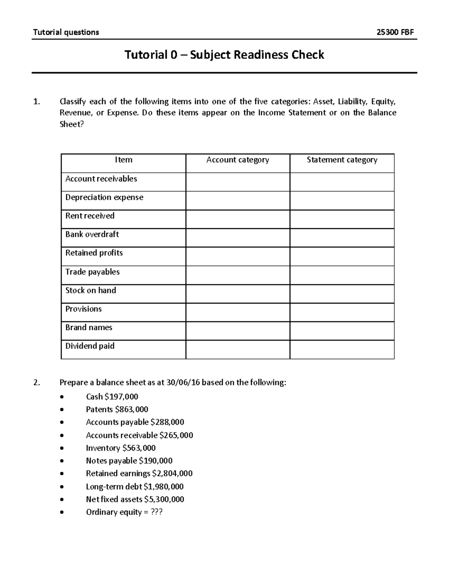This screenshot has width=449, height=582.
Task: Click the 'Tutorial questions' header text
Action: (66, 32)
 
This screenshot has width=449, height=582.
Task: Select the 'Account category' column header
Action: (238, 160)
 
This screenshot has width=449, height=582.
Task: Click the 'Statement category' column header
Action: (342, 160)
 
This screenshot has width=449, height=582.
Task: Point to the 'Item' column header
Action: (123, 160)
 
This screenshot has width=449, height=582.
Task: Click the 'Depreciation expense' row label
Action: (104, 197)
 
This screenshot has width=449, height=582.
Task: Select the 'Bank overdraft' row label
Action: (92, 235)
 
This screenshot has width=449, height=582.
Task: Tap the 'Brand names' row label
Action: (89, 328)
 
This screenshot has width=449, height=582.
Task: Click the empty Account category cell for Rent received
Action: (238, 219)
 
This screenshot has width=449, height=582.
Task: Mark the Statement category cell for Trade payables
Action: (342, 275)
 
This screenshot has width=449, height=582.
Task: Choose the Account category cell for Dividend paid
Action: (238, 350)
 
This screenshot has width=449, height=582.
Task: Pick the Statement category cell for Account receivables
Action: (342, 182)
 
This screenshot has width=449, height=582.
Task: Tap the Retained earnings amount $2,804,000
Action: (172, 473)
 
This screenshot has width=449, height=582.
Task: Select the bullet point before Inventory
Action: (62, 448)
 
